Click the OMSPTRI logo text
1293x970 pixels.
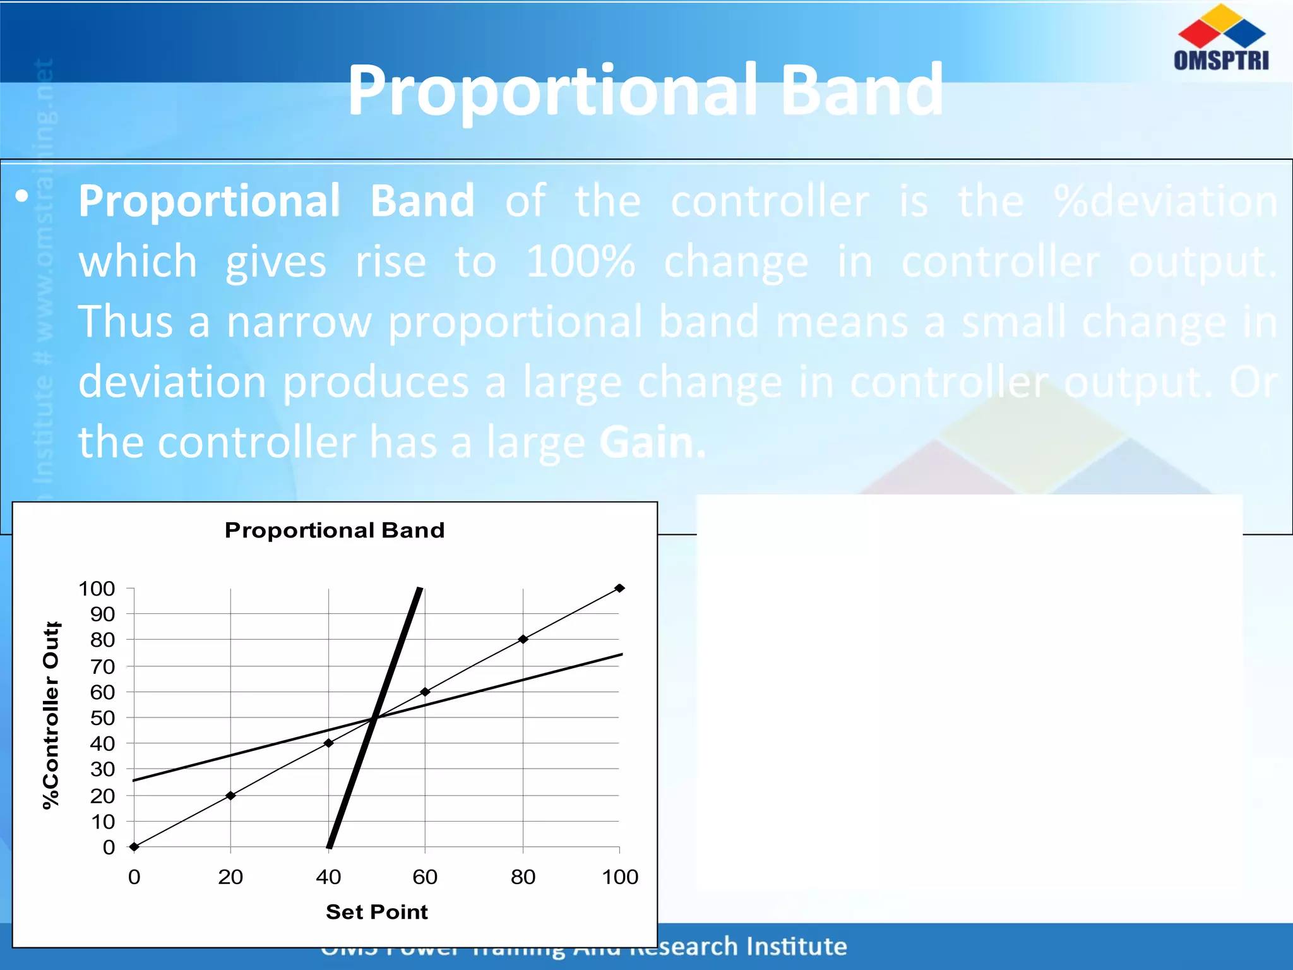(1220, 60)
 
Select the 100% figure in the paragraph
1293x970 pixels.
(580, 261)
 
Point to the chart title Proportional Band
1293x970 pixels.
(335, 530)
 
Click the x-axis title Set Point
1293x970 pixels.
(376, 911)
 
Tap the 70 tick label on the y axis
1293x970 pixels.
(102, 666)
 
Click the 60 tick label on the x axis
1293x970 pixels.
(425, 877)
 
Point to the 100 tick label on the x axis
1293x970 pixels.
(620, 877)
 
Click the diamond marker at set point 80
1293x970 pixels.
(523, 639)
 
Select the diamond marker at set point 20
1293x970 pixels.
(230, 795)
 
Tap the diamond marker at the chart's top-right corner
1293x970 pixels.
(619, 588)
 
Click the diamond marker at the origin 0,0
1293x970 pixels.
(134, 847)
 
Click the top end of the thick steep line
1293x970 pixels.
(420, 590)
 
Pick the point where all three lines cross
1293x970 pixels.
(376, 717)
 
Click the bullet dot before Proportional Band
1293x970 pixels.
(22, 196)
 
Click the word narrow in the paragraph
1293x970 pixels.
(299, 322)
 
